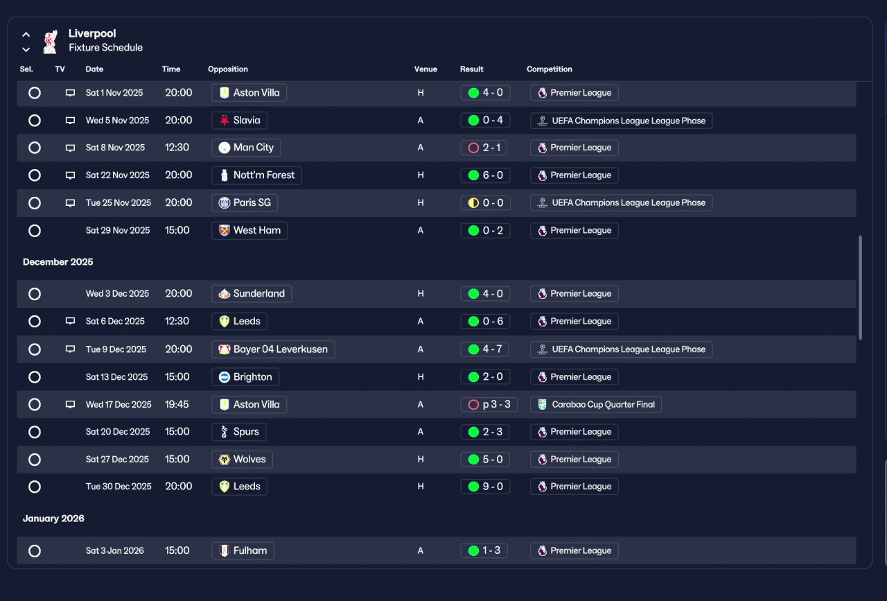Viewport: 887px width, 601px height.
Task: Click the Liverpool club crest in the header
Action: pyautogui.click(x=51, y=41)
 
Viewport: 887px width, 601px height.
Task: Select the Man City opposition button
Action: pyautogui.click(x=246, y=148)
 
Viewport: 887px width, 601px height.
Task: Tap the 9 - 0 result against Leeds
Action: pyautogui.click(x=485, y=487)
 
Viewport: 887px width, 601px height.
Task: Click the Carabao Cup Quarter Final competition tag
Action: pyautogui.click(x=595, y=405)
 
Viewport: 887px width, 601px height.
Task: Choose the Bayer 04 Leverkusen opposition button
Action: pyautogui.click(x=273, y=349)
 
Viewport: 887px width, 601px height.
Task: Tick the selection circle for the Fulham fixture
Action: pyautogui.click(x=35, y=550)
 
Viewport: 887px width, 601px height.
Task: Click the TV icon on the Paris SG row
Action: pyautogui.click(x=70, y=203)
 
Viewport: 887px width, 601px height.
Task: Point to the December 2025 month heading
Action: pyautogui.click(x=58, y=262)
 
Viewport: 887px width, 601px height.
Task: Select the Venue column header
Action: pyautogui.click(x=425, y=69)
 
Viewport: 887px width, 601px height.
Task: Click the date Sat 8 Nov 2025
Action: pyautogui.click(x=115, y=148)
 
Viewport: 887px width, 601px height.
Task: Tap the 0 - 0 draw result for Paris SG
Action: pyautogui.click(x=485, y=203)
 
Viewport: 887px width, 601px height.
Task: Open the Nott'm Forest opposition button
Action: pyautogui.click(x=256, y=175)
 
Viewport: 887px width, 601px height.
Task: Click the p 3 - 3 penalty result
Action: pyautogui.click(x=489, y=405)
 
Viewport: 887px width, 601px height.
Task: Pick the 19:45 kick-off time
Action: pyautogui.click(x=177, y=405)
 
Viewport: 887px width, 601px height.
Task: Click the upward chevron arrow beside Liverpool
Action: pyautogui.click(x=26, y=35)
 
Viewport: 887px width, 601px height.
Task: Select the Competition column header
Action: pyautogui.click(x=550, y=69)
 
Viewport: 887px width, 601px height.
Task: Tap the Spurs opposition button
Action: pyautogui.click(x=239, y=432)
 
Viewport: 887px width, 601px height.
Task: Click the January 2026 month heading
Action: pyautogui.click(x=53, y=519)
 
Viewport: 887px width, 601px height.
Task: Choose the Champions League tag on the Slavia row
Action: pyautogui.click(x=622, y=121)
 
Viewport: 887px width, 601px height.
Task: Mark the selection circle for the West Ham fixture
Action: pyautogui.click(x=35, y=231)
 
